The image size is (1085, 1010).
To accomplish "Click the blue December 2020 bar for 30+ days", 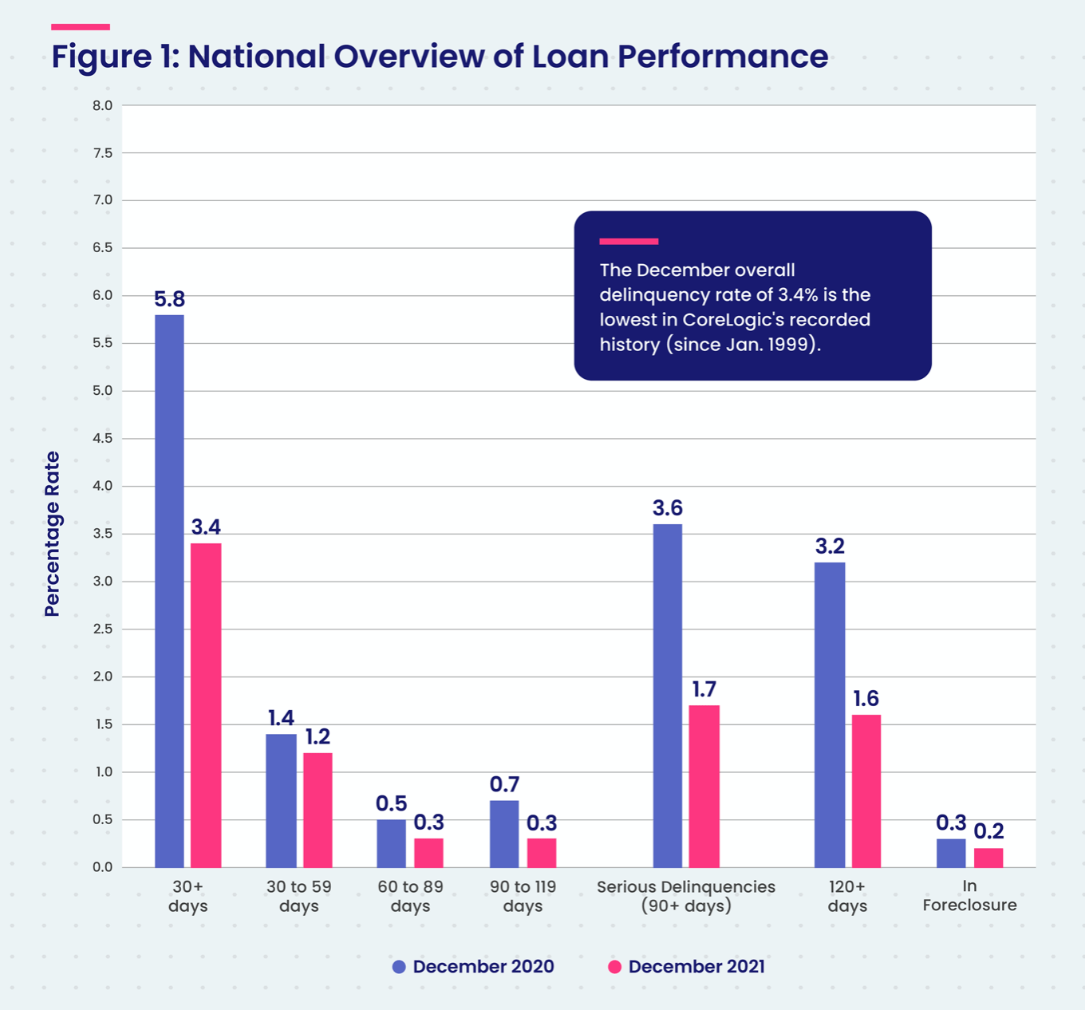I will coord(169,590).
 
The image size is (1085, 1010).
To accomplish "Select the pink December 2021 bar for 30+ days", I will coord(206,705).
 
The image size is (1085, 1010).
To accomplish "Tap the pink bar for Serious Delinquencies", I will coord(704,786).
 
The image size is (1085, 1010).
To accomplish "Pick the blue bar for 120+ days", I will coord(830,715).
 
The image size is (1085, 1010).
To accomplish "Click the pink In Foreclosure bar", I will coord(988,858).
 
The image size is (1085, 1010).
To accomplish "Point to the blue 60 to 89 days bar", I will coord(391,843).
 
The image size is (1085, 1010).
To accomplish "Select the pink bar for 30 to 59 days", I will coord(318,810).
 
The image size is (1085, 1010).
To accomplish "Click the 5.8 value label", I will coord(169,299).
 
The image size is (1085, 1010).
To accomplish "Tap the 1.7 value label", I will coord(704,689).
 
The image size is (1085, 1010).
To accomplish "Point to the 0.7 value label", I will coord(504,785).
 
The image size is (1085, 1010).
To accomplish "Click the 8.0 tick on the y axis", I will coord(103,105).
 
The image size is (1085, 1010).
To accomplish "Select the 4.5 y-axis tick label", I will coord(103,438).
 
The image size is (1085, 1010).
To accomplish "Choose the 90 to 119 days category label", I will coord(523,897).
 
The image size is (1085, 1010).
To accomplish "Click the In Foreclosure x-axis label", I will coord(969,896).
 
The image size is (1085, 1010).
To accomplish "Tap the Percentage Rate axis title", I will coord(52,534).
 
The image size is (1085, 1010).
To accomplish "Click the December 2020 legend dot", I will coord(399,967).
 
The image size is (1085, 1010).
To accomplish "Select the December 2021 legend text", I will coord(696,967).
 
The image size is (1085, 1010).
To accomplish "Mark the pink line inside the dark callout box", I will coord(629,241).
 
